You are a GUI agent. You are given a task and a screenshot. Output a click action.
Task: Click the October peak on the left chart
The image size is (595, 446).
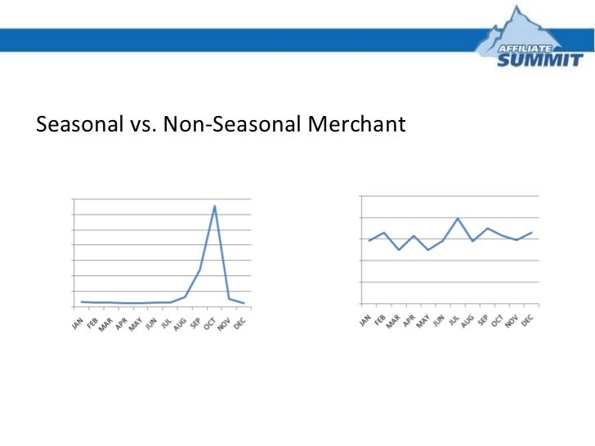click(214, 206)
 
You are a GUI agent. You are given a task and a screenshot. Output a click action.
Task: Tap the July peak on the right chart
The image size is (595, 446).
click(458, 218)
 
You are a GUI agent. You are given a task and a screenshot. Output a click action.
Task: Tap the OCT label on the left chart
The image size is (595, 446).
click(210, 323)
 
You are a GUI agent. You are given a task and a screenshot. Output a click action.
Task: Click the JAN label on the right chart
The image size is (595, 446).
click(365, 319)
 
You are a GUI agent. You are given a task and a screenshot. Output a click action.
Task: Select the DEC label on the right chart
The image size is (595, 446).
click(527, 319)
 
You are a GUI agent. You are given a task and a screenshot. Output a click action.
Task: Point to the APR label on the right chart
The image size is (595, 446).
click(409, 319)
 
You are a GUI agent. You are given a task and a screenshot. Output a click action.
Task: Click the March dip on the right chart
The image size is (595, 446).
click(399, 249)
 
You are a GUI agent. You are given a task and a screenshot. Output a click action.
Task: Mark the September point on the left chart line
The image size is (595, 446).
click(199, 270)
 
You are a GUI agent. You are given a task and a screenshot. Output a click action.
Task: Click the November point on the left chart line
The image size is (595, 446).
click(229, 298)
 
